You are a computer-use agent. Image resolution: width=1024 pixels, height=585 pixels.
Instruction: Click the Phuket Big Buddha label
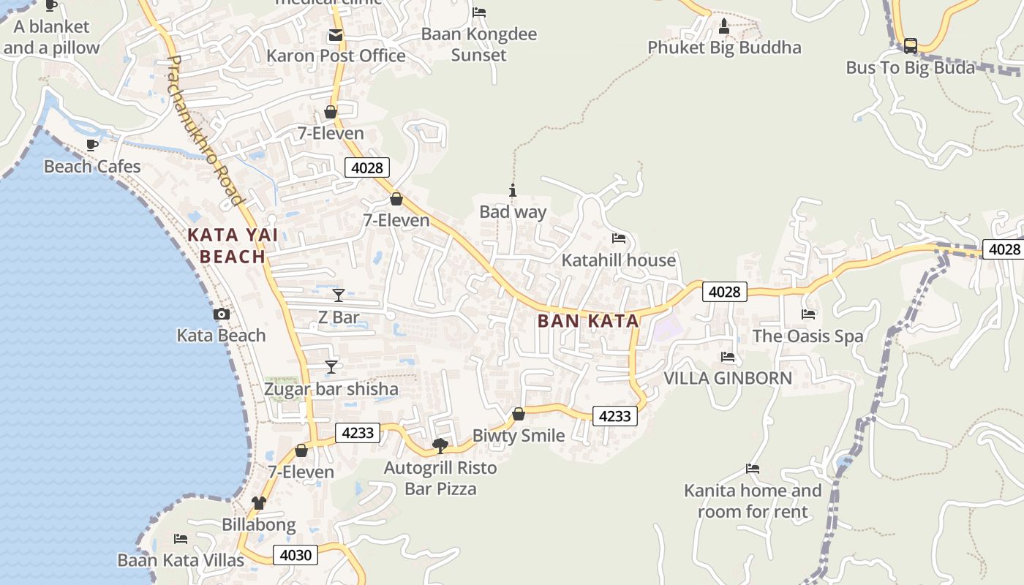[724, 48]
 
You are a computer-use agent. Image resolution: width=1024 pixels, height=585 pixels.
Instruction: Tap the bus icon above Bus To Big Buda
[911, 45]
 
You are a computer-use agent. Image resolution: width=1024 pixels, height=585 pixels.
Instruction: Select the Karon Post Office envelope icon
[336, 34]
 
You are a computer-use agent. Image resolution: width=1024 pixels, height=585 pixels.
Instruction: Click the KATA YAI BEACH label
[233, 246]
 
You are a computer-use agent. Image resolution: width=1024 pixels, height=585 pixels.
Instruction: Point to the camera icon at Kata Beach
[221, 314]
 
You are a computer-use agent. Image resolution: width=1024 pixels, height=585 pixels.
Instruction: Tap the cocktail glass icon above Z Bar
[338, 295]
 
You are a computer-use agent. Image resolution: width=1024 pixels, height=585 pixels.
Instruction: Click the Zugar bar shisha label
[331, 389]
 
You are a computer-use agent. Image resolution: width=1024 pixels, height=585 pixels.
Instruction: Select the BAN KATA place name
[588, 321]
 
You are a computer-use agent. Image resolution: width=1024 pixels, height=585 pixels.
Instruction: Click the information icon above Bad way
[513, 191]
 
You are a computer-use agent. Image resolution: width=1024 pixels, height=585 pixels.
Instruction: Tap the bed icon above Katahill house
[619, 238]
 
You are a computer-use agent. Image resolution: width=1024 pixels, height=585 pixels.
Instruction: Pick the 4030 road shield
[295, 555]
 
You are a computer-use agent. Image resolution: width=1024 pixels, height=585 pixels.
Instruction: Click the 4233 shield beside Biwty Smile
[614, 416]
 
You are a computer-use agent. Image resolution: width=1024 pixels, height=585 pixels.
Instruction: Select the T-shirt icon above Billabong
[259, 503]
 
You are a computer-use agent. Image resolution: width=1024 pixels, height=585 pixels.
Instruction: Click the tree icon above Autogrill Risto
[440, 445]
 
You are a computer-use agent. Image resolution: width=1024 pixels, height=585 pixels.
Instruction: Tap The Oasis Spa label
[808, 336]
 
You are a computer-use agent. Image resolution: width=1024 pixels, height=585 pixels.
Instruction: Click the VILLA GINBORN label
[727, 378]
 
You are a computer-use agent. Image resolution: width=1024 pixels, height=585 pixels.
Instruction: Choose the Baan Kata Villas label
[181, 561]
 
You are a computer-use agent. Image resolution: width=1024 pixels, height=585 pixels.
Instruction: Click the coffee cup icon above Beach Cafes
[92, 145]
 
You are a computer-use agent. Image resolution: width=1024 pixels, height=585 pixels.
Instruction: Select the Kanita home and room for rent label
[753, 501]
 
